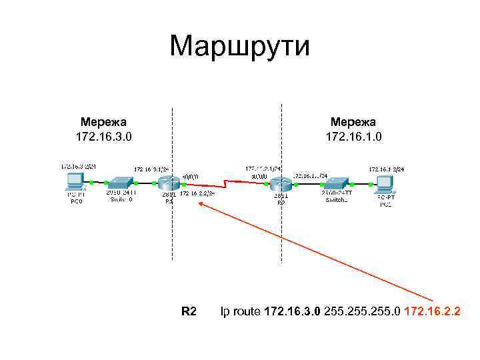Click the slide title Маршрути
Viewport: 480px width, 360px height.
[239, 46]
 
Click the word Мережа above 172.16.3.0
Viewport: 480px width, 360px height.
[104, 122]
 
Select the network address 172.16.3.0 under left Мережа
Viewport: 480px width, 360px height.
[104, 137]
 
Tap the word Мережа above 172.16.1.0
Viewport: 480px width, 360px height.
[353, 122]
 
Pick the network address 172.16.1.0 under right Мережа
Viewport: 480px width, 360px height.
[353, 137]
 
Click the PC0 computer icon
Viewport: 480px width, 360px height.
[75, 181]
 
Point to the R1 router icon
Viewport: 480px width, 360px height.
[169, 183]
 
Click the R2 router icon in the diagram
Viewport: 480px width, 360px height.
[281, 183]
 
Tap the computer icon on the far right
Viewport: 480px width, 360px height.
[386, 182]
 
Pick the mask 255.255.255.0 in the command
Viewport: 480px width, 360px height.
[361, 311]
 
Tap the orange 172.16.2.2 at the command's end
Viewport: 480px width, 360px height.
[431, 311]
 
